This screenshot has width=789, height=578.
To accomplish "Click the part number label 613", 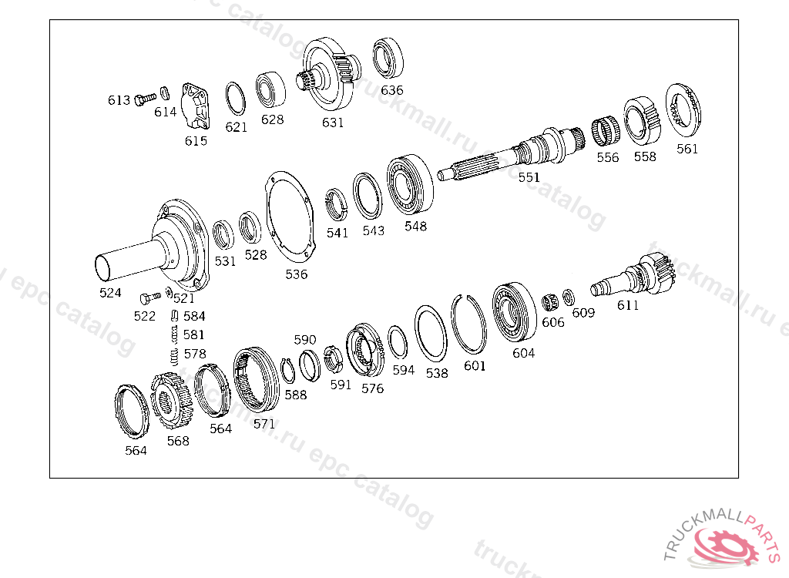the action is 119,100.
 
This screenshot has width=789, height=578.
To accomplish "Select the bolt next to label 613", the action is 146,99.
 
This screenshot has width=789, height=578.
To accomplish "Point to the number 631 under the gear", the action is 333,123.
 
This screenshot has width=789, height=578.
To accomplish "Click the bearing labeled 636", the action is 388,57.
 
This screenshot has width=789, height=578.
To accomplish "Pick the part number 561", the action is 687,149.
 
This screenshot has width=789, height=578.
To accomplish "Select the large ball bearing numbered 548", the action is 410,185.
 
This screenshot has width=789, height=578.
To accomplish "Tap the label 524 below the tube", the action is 110,293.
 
